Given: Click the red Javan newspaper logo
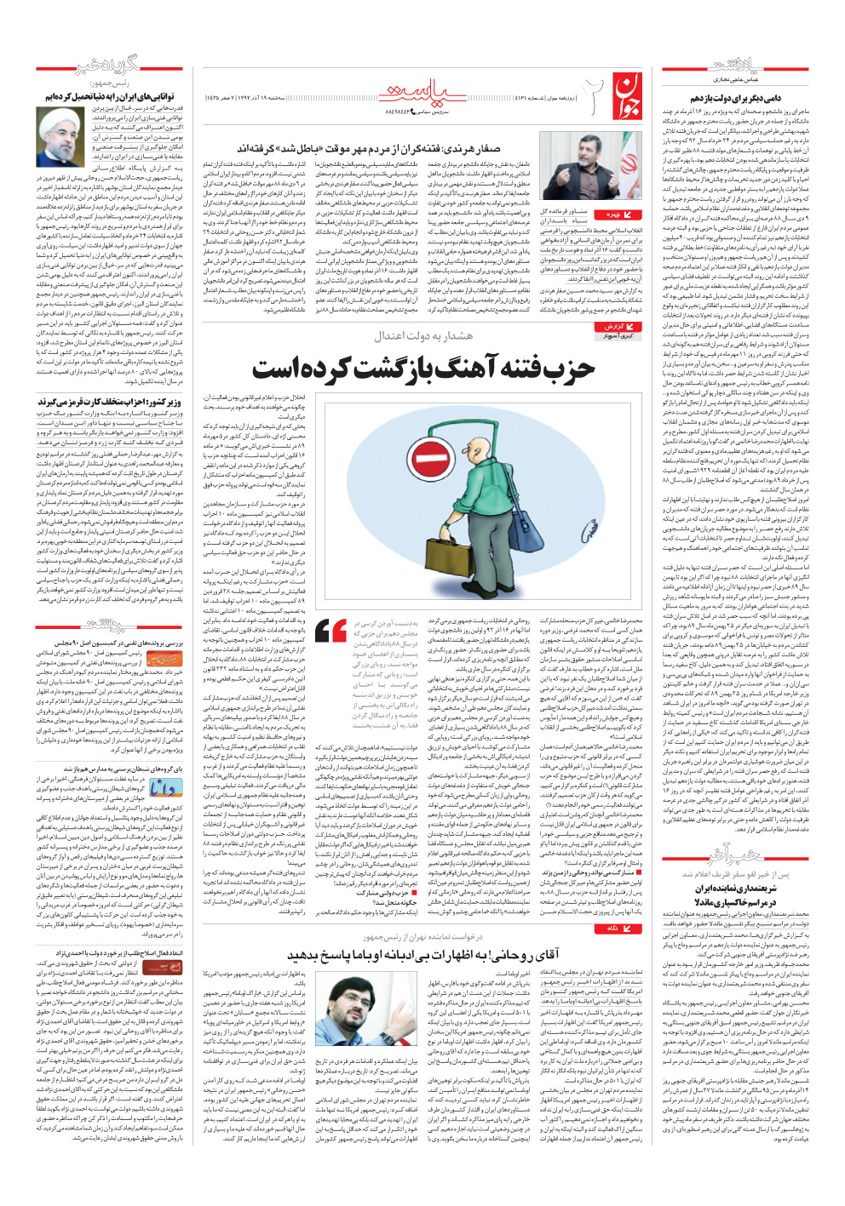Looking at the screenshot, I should pyautogui.click(x=627, y=93).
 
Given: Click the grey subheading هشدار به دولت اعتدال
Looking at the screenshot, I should pyautogui.click(x=423, y=336).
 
